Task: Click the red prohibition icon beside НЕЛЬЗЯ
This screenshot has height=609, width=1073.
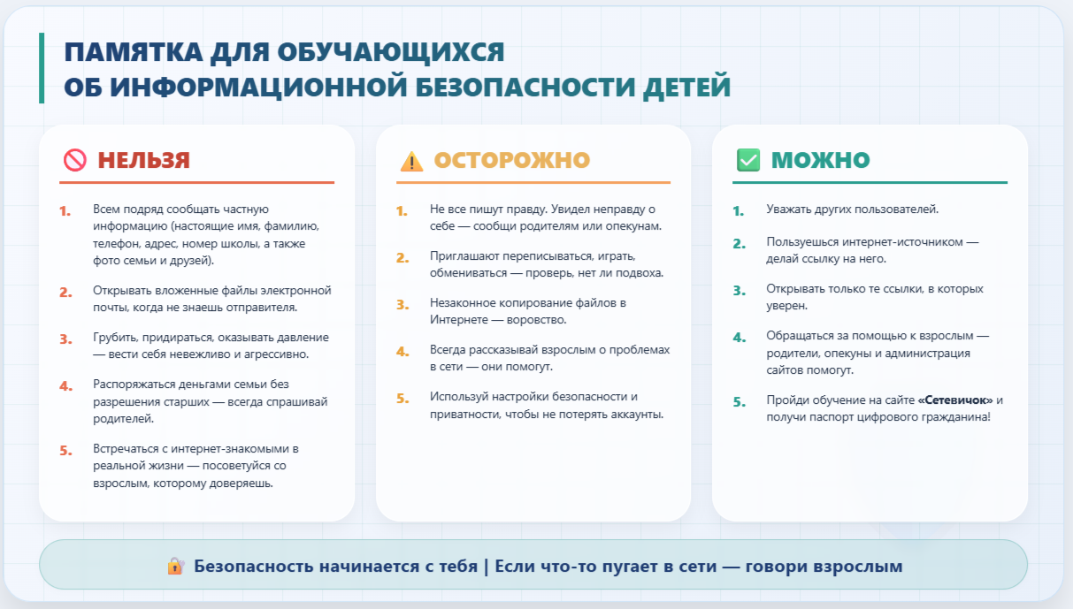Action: coord(75,160)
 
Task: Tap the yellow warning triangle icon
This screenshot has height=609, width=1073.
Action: coord(411,161)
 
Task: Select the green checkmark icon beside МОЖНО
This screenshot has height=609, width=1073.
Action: coord(748,160)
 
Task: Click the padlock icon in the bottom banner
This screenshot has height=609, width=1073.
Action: coord(176,566)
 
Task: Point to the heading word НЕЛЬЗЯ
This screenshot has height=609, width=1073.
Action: coord(144,160)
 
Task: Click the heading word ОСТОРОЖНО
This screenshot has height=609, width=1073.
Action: coord(512,160)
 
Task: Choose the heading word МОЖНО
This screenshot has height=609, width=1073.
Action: coord(821,160)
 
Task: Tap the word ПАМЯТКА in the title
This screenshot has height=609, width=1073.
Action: coord(134,51)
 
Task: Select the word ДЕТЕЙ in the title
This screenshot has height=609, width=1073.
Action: coord(686,88)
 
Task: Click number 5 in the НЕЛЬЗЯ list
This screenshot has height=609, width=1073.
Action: coord(65,451)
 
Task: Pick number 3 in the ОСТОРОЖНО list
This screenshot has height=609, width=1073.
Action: coord(402,304)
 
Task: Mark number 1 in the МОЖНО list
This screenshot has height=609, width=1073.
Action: coord(738,211)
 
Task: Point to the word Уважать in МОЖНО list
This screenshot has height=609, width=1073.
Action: coord(788,209)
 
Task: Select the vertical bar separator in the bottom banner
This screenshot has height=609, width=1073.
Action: coord(487,567)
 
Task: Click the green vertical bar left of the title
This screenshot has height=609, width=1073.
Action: coord(42,68)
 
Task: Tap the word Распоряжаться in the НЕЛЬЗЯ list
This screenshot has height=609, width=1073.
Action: coord(134,384)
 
